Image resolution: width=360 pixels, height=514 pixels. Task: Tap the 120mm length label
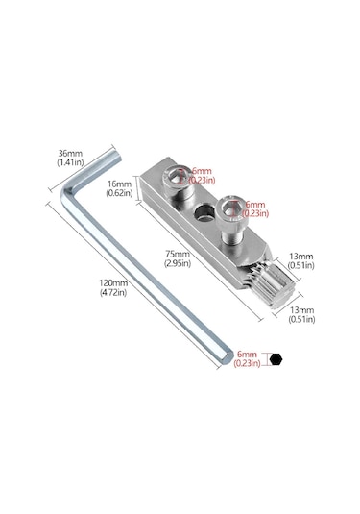pos(112,283)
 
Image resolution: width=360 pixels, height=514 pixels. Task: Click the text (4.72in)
pos(113,294)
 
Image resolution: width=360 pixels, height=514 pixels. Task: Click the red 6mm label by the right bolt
pos(254,205)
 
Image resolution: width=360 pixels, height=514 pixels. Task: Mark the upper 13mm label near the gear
pos(300,257)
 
